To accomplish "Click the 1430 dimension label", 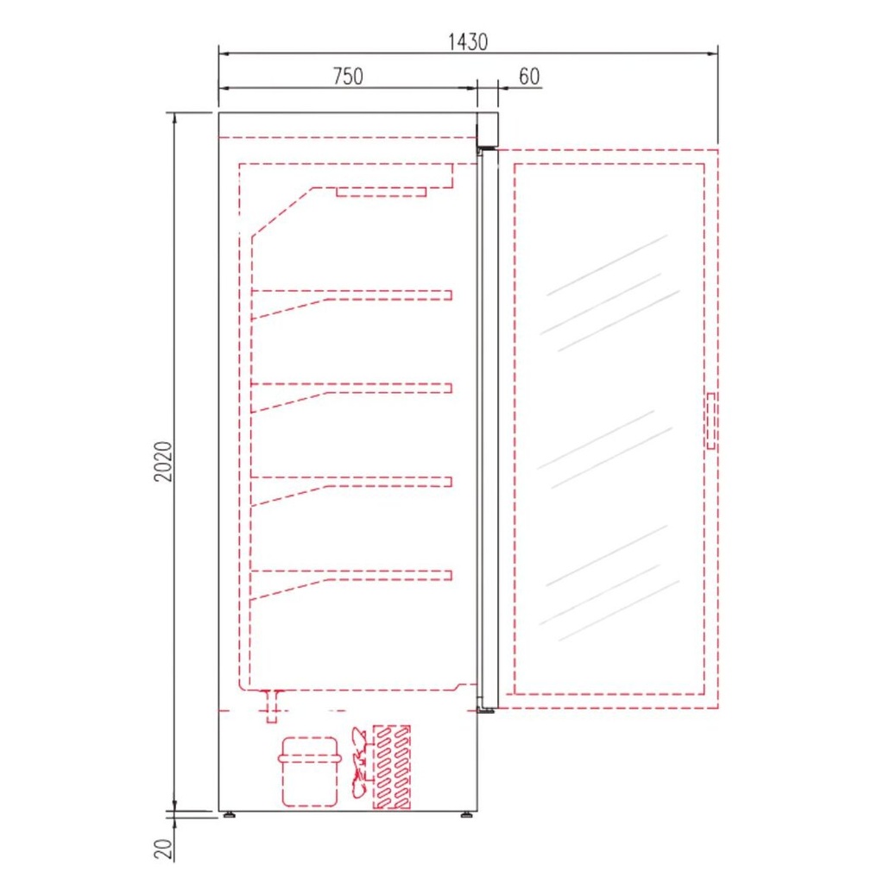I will pos(469,41).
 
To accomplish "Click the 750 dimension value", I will pos(347,76).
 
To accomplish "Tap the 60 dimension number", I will pos(529,76).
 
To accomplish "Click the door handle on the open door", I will pos(710,420).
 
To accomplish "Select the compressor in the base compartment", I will pos(309,771).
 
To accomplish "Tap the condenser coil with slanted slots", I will pos(391,767).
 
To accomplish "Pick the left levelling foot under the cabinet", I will pos(229,814).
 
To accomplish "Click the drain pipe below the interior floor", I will pos(273,704).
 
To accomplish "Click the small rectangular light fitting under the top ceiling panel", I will pos(381,192).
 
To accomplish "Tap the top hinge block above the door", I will pos(488,129).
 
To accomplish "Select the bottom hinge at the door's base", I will pos(487,707).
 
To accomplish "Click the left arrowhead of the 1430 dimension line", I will pos(222,54).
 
